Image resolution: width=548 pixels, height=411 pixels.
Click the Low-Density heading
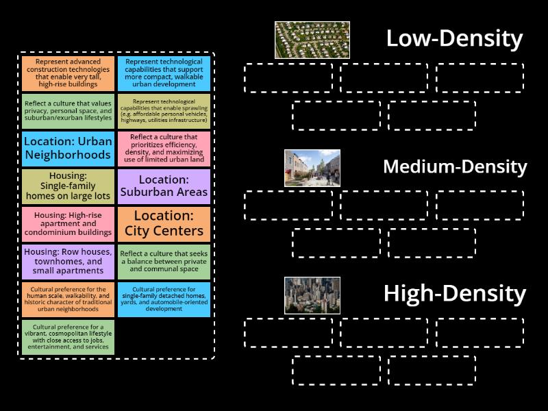pyautogui.click(x=454, y=38)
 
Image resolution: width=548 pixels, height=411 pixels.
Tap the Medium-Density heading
pyautogui.click(x=455, y=166)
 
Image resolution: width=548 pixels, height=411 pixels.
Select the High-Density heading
pyautogui.click(x=455, y=294)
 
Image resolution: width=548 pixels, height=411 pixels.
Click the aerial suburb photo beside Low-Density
pyautogui.click(x=312, y=40)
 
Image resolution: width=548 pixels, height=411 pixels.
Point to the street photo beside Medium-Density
pyautogui.click(x=312, y=168)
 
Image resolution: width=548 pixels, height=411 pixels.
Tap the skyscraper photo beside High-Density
pyautogui.click(x=312, y=295)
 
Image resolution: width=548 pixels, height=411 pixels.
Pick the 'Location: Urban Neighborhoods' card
pyautogui.click(x=68, y=149)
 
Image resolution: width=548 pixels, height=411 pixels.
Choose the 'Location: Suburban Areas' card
pyautogui.click(x=164, y=186)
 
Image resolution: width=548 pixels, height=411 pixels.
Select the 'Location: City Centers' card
pyautogui.click(x=164, y=224)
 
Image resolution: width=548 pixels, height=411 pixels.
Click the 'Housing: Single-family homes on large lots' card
pyautogui.click(x=68, y=186)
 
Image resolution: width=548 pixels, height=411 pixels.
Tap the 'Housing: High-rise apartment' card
pyautogui.click(x=68, y=224)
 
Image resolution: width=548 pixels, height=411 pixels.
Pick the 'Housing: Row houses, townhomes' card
pyautogui.click(x=68, y=262)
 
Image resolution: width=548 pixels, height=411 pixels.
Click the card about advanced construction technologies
pyautogui.click(x=68, y=73)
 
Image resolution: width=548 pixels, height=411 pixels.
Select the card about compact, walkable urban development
pyautogui.click(x=164, y=73)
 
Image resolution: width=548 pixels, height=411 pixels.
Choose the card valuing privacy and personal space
pyautogui.click(x=68, y=111)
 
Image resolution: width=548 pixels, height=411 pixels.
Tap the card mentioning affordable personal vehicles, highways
pyautogui.click(x=164, y=111)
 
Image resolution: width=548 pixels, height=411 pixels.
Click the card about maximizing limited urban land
pyautogui.click(x=164, y=149)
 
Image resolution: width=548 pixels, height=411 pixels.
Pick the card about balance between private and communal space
pyautogui.click(x=164, y=262)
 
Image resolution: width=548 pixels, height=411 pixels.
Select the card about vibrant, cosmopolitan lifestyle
pyautogui.click(x=68, y=337)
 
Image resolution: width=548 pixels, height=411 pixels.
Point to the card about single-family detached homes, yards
pyautogui.click(x=164, y=299)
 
